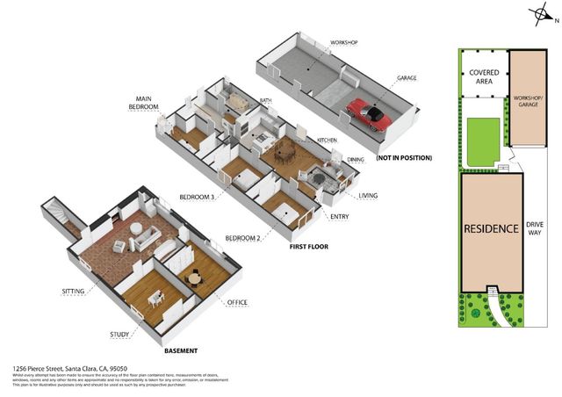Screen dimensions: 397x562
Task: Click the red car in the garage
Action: click(369, 112)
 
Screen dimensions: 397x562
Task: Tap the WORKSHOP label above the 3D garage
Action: click(343, 42)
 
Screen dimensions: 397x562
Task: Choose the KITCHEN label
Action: click(328, 140)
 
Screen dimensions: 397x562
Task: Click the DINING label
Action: click(356, 159)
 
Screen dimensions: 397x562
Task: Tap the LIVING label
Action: click(368, 195)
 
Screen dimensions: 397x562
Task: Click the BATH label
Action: click(266, 100)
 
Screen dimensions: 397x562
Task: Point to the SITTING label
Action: click(74, 289)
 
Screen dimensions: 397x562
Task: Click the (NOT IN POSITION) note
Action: click(404, 158)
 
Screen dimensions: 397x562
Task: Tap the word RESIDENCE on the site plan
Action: click(490, 228)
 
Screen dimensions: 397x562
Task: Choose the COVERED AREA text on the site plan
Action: click(484, 76)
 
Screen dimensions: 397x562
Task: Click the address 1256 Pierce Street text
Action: click(70, 368)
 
